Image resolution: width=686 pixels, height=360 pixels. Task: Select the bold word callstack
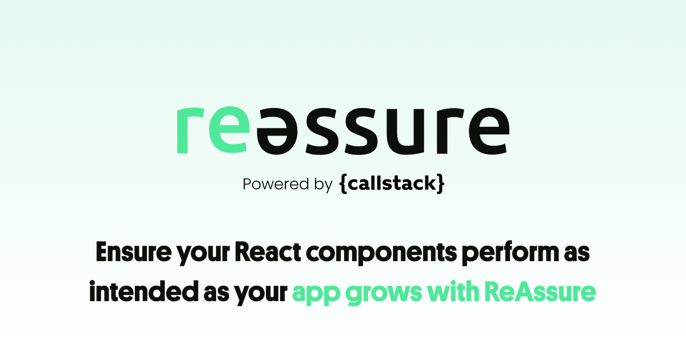point(392,184)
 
